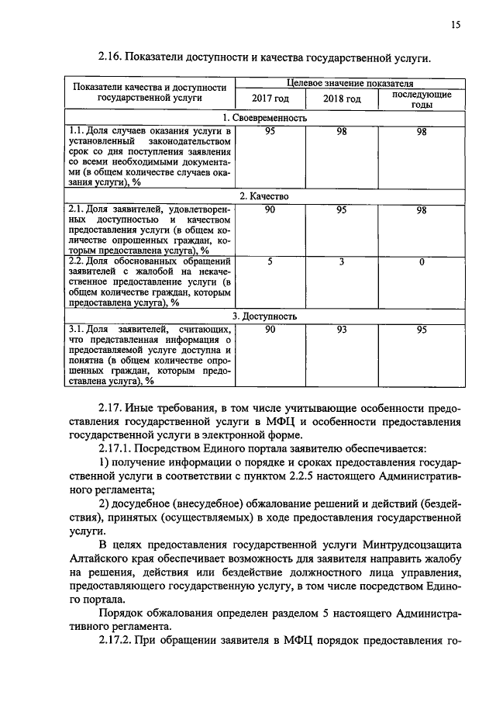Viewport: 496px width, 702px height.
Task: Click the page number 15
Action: click(456, 25)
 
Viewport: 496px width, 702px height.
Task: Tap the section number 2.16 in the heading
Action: click(109, 58)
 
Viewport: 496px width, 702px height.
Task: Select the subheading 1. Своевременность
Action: click(264, 118)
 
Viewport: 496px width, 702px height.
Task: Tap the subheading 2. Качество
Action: click(264, 197)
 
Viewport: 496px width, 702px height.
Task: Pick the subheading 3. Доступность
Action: click(264, 316)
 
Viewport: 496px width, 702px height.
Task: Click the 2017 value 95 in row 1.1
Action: click(270, 131)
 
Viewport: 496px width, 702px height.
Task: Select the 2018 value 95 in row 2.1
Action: click(342, 210)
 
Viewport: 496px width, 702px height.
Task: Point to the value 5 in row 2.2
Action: click(270, 262)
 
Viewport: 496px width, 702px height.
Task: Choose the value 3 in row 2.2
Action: click(342, 262)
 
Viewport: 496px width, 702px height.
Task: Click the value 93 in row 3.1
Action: click(342, 330)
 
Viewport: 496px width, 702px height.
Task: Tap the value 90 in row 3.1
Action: click(270, 330)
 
